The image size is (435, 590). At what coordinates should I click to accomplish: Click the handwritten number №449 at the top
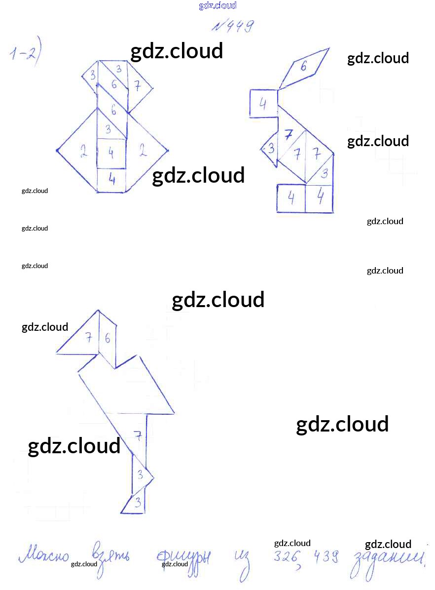coord(233,26)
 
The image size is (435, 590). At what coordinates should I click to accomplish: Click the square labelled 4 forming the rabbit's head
coord(263,104)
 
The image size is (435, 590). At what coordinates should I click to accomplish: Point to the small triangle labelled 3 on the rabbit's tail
coord(270,148)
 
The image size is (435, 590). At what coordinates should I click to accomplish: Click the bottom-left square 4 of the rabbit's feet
coord(291,198)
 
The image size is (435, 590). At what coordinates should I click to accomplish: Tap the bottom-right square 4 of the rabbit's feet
coord(320,197)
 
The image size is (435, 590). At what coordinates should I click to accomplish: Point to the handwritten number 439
coord(325,557)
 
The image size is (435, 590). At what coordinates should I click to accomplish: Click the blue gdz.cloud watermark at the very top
coord(217,5)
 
